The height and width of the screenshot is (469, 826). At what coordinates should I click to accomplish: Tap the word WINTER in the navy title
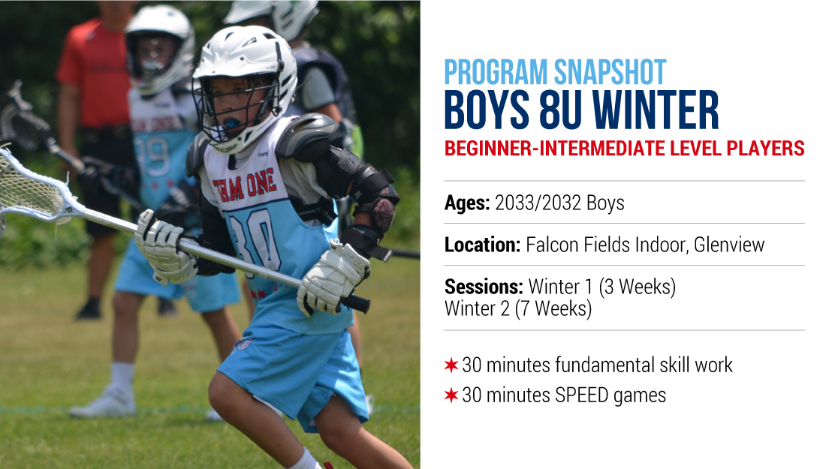(x=656, y=110)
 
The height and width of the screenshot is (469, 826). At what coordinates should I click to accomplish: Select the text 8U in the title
(x=560, y=110)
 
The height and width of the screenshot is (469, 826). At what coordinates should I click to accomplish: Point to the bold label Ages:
(x=467, y=203)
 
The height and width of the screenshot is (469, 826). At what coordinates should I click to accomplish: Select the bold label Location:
(x=483, y=245)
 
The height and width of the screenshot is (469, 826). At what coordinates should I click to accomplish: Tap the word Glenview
(x=729, y=245)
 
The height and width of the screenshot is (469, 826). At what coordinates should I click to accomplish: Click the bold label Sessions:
(x=484, y=287)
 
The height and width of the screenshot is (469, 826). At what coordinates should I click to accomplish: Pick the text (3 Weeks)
(x=637, y=287)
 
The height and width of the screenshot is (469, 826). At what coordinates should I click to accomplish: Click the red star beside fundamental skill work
(x=451, y=365)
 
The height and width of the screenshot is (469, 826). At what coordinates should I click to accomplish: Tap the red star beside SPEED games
(x=451, y=395)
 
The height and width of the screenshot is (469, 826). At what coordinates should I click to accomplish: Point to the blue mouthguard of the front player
(x=233, y=124)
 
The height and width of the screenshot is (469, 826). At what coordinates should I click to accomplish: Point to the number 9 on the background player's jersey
(x=158, y=158)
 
